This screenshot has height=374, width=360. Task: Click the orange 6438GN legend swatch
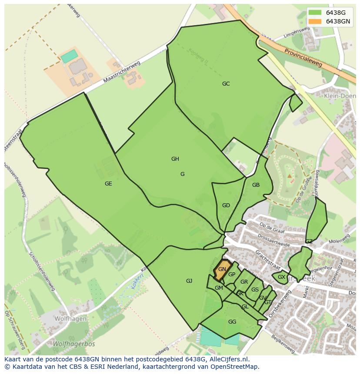tap(315, 21)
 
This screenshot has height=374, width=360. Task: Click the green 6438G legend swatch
tap(315, 13)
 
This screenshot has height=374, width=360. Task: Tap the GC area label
tap(226, 84)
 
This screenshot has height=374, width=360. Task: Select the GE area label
tap(108, 184)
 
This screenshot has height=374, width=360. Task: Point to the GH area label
tap(175, 159)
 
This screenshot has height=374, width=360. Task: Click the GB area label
tap(256, 185)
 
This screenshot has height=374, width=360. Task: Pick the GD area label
tap(226, 205)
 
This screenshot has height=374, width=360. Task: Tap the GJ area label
tap(189, 281)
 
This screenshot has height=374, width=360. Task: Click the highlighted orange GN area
tap(222, 269)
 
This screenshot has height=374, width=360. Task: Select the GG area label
tap(232, 322)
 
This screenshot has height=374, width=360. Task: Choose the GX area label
tap(281, 277)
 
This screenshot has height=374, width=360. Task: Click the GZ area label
tap(309, 242)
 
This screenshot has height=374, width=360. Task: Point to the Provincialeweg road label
tap(303, 57)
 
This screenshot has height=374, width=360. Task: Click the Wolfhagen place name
tap(70, 318)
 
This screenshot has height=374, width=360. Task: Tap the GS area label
tap(255, 290)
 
